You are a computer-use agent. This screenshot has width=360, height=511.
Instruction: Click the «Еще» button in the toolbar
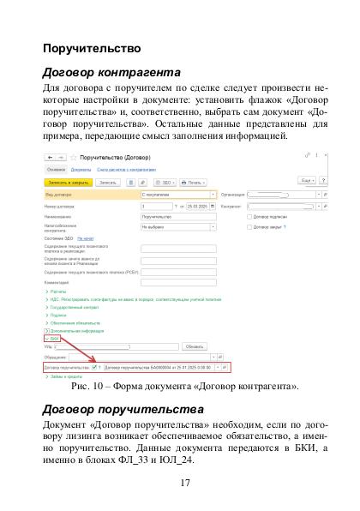pyautogui.click(x=305, y=182)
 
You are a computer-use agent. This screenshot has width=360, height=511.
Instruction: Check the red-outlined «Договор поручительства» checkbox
pyautogui.click(x=94, y=367)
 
